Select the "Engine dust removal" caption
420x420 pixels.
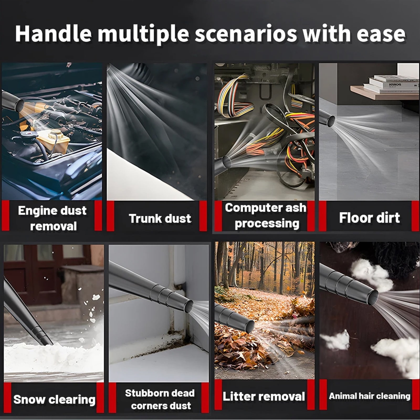pos(52,218)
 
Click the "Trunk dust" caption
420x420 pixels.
pos(160,218)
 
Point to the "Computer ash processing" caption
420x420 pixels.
pos(266,216)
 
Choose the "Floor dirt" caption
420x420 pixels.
pos(369,218)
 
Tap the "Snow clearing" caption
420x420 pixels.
pos(54,400)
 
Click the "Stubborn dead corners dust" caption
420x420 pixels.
pos(160,399)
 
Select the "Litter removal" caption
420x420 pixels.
pos(264,396)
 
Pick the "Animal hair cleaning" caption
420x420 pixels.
pos(369,396)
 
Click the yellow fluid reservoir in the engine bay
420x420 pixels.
pos(54,142)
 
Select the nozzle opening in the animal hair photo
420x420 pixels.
pos(373,298)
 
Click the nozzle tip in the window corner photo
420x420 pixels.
pos(189,306)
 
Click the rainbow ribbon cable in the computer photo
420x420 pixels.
pos(234,96)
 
